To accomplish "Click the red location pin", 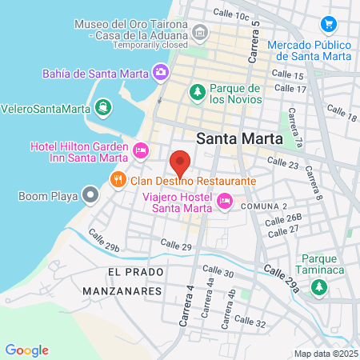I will point(181,163).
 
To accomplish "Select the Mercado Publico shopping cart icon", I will point(327,25).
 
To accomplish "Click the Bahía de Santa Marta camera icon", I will point(162,73).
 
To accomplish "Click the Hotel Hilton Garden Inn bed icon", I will point(141,150).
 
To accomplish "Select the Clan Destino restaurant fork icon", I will point(118,180).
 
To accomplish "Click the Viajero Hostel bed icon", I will point(224,202).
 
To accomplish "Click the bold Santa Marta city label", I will point(239,137).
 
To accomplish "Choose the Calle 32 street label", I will point(250,323).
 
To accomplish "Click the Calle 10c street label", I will point(232,15).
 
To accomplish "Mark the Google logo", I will point(26,350).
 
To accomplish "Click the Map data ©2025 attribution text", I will point(325,354).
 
